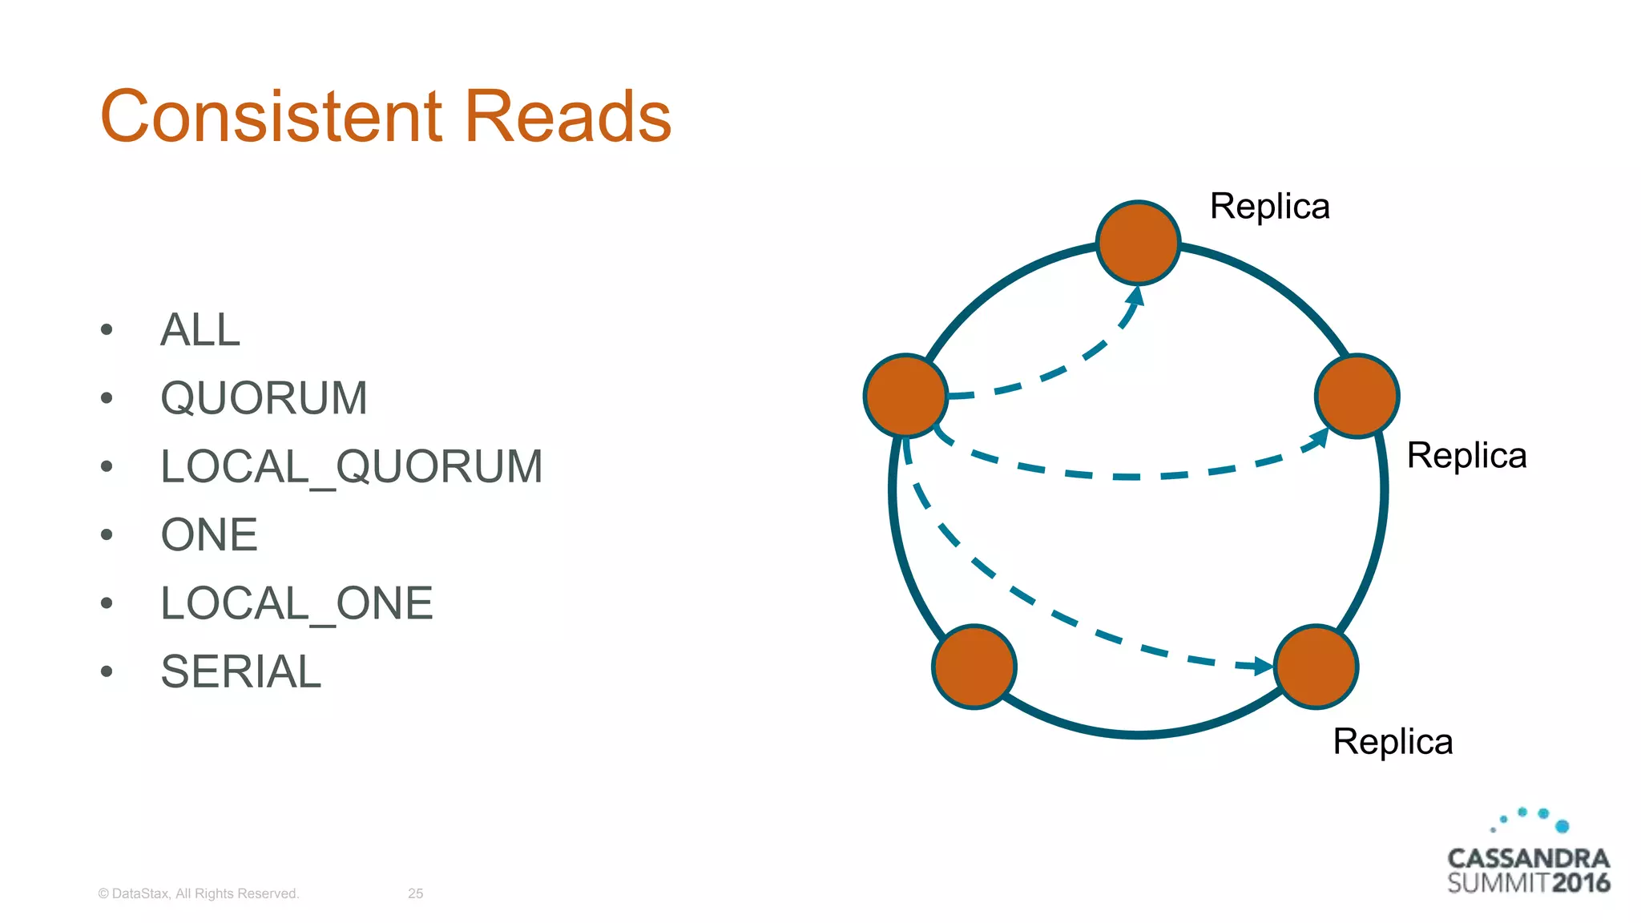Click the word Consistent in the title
point(271,117)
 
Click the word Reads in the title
point(567,117)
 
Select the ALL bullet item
point(200,330)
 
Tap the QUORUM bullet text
point(264,398)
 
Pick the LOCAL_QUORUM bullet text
point(352,467)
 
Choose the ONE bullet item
point(209,535)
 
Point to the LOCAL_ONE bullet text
point(296,603)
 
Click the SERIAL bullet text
point(241,671)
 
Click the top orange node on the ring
point(1138,242)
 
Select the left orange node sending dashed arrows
point(905,396)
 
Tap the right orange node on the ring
point(1357,396)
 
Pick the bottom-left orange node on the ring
point(974,667)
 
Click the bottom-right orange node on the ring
point(1316,667)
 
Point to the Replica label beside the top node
point(1269,207)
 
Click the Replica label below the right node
point(1466,456)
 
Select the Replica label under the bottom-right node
point(1393,742)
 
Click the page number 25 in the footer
point(415,893)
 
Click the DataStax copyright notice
point(198,893)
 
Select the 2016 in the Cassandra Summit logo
point(1580,883)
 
